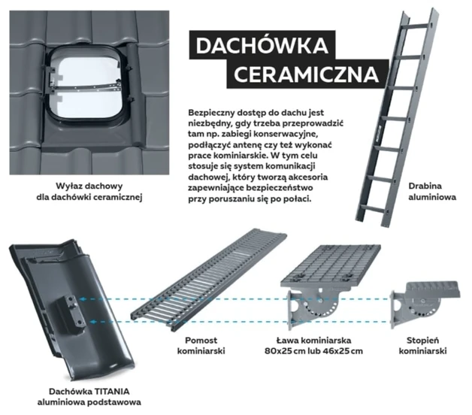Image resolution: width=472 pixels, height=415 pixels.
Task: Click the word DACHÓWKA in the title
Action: (262, 45)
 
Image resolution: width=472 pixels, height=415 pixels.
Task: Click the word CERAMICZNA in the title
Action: (306, 74)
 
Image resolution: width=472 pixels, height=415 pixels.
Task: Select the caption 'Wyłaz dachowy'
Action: (89, 186)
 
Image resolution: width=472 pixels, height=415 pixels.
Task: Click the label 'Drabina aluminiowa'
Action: (432, 192)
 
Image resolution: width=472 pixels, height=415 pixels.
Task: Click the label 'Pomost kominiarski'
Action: (201, 346)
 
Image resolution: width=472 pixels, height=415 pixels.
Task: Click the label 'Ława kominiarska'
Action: (313, 341)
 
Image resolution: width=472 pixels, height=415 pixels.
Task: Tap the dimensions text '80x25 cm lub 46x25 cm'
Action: (313, 351)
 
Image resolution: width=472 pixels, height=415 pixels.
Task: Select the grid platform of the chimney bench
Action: (331, 265)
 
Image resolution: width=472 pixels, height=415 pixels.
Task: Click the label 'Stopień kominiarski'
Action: (422, 346)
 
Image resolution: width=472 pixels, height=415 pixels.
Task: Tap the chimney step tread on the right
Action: (433, 289)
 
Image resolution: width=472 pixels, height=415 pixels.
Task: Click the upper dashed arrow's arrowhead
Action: (82, 299)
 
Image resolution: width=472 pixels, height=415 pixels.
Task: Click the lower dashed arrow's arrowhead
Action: (92, 322)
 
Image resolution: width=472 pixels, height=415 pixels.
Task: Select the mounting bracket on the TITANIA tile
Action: (71, 312)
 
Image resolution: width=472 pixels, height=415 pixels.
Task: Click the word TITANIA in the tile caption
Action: (112, 392)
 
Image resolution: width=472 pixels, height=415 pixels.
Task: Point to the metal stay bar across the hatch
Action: (86, 88)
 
